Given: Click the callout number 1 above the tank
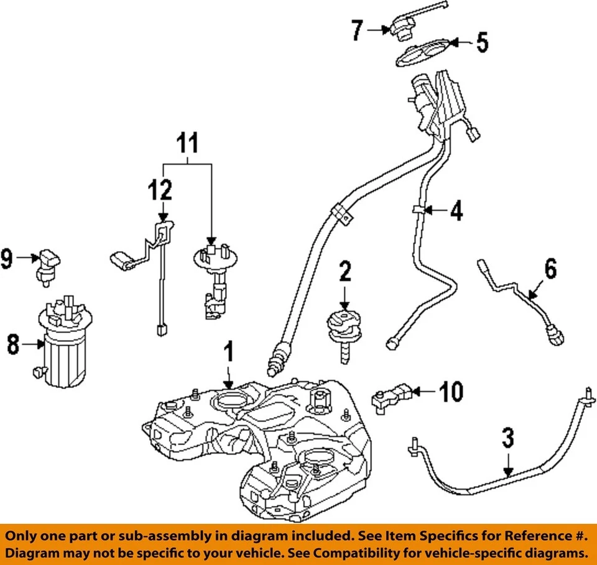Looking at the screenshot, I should click(229, 352).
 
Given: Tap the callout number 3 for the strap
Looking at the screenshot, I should click(508, 438).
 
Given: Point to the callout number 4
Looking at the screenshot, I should click(456, 212).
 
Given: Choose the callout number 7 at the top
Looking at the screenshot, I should click(356, 29).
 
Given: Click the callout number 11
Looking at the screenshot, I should click(187, 144).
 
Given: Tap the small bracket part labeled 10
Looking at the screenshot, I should click(389, 396).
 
